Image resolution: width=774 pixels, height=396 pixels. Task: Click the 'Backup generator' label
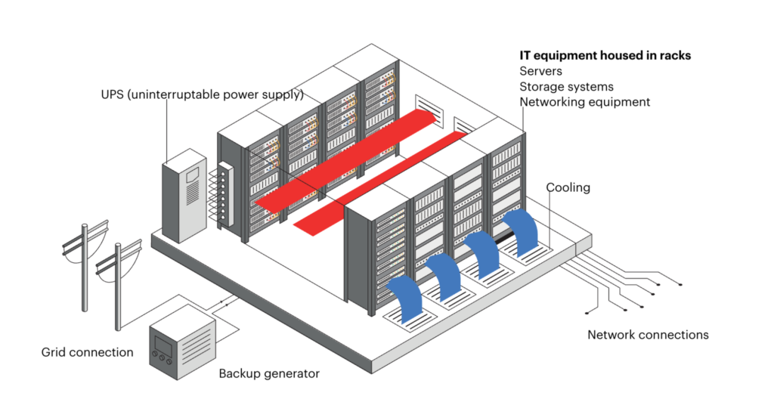click(x=269, y=373)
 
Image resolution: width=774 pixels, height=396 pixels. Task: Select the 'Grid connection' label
click(x=88, y=352)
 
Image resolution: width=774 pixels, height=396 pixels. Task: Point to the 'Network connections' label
click(x=648, y=335)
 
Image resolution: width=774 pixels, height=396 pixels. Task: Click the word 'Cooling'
click(x=568, y=187)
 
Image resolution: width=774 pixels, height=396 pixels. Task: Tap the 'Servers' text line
click(x=541, y=71)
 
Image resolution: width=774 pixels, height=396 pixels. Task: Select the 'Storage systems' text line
click(x=566, y=87)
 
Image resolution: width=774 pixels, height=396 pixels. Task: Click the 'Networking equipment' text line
click(x=584, y=102)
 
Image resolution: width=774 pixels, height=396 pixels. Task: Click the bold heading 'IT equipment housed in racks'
click(x=605, y=55)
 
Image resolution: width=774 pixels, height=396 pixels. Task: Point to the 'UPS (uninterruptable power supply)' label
click(x=202, y=95)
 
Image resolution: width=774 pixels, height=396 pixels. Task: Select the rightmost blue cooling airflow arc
click(x=521, y=230)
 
